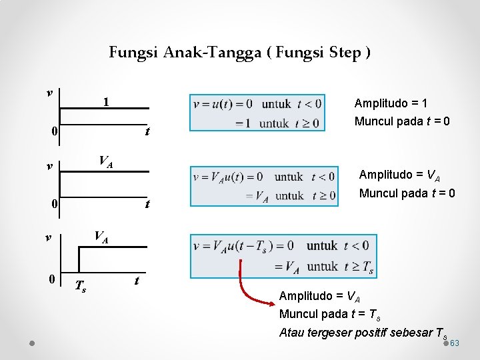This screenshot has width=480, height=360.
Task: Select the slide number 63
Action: coord(455,343)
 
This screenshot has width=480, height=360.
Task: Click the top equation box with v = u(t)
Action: coord(257,112)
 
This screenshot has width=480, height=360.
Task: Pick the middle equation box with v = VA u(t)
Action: coord(264,186)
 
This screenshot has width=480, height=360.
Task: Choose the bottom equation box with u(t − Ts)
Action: coord(283,256)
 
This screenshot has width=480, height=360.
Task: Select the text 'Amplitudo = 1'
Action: coord(391,103)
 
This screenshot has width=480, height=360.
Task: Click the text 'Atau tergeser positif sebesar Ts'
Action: coord(363,333)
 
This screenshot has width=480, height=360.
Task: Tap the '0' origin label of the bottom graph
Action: coord(51,279)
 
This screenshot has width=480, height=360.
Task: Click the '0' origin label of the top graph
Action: coord(54,131)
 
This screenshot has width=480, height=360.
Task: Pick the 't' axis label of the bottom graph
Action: coord(137,281)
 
